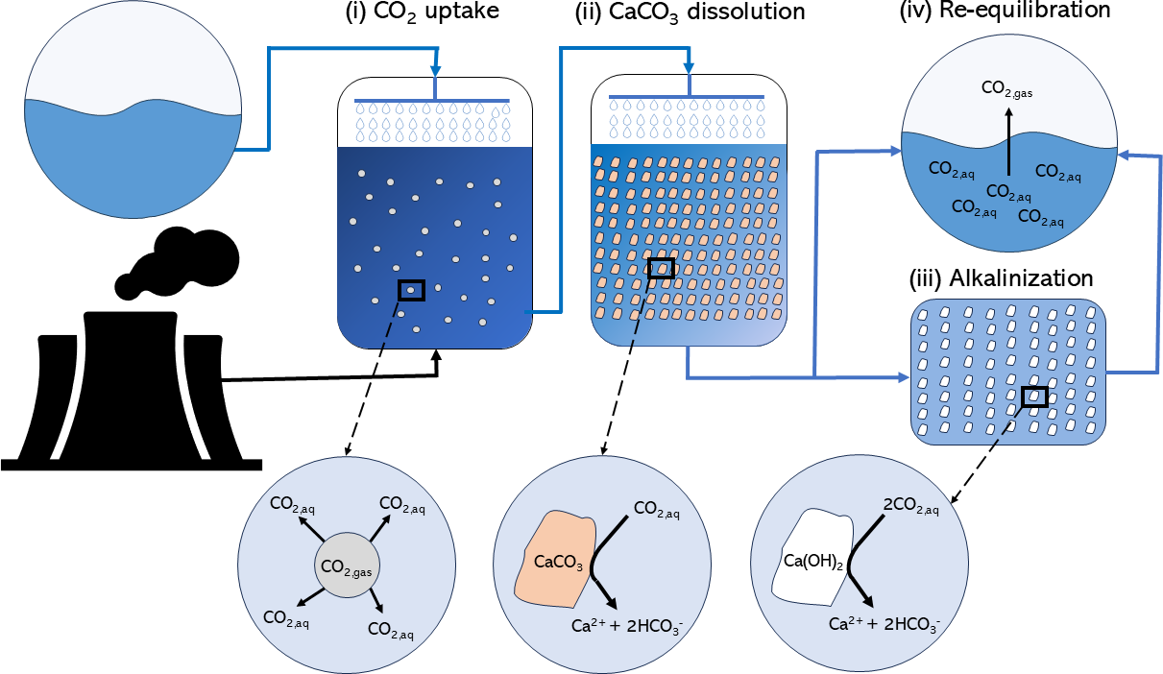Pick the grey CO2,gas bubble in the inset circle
345,566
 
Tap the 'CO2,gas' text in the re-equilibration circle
1007,89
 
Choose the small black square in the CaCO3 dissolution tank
661,268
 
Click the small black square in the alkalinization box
1033,396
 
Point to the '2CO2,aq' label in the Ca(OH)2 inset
910,504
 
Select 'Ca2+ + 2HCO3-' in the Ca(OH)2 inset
884,623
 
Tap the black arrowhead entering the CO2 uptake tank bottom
438,356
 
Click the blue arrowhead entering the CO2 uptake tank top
438,72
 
